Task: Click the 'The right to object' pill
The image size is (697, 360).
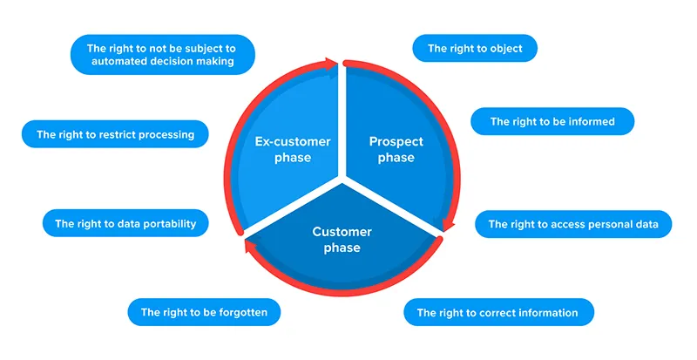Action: [x=475, y=49]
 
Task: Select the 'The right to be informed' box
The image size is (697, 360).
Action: [x=552, y=122]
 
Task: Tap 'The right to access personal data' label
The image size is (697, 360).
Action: [x=573, y=224]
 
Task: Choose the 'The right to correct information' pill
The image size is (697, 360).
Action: [x=497, y=312]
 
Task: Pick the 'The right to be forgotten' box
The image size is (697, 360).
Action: [x=204, y=312]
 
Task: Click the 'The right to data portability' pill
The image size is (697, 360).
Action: [x=125, y=224]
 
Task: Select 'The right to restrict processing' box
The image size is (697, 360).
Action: [x=115, y=135]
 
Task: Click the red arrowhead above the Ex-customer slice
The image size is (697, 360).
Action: [x=332, y=63]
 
